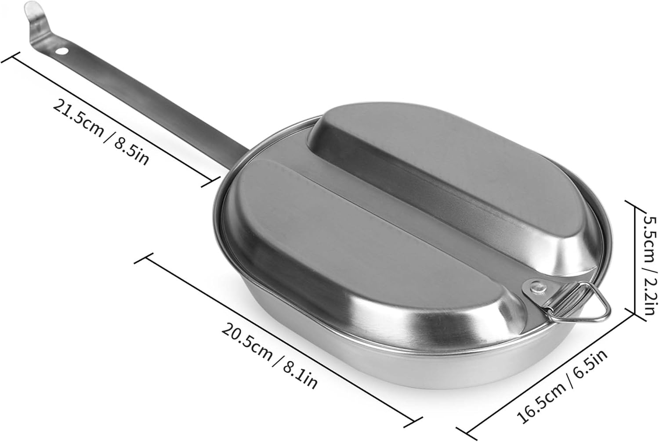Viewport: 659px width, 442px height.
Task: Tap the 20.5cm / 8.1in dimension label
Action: tap(268, 354)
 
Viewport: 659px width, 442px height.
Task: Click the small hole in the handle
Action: tap(64, 51)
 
